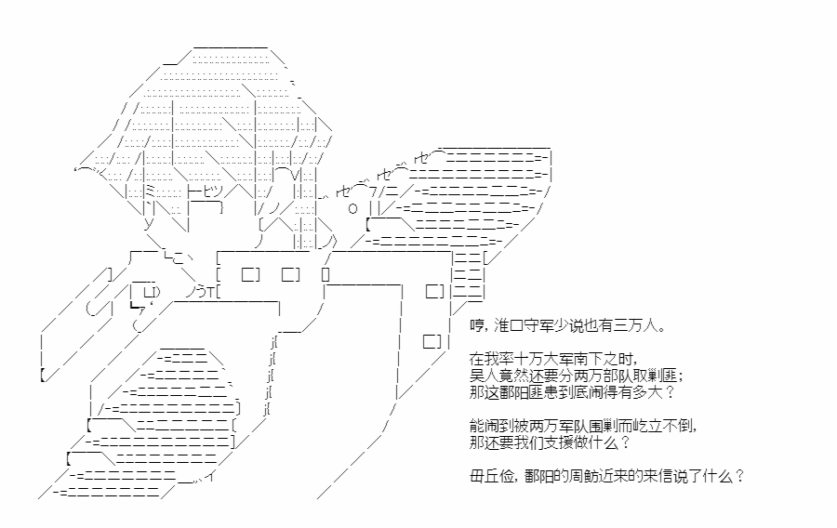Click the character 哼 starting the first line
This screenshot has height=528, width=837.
[x=477, y=325]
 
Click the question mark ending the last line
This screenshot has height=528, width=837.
[x=738, y=476]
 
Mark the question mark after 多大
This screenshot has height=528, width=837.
[x=671, y=392]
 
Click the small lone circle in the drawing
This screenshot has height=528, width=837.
[x=352, y=208]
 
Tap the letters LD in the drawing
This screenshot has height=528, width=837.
[x=151, y=292]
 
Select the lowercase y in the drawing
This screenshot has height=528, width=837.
[x=149, y=222]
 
